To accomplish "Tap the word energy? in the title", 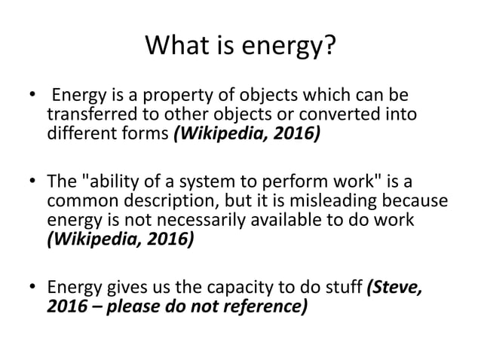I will (x=291, y=50).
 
